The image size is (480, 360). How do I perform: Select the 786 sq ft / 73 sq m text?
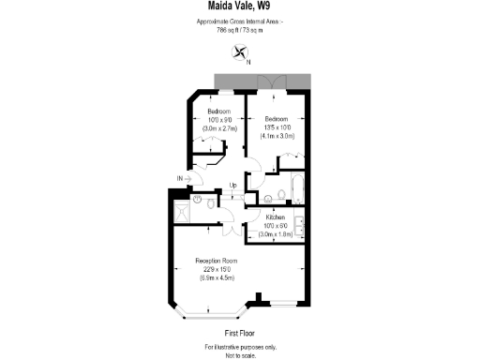click(x=240, y=29)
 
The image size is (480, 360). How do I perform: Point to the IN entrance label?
click(x=180, y=178)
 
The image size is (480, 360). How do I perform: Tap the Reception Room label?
click(x=216, y=260)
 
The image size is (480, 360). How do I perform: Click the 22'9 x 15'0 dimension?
click(x=216, y=269)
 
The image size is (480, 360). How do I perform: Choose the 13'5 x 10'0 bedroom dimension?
click(x=277, y=127)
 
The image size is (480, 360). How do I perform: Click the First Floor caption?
click(x=240, y=333)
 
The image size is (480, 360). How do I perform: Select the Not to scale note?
click(x=240, y=354)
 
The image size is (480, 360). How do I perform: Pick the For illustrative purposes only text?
click(x=240, y=347)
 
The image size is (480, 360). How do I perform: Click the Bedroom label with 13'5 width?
click(x=277, y=119)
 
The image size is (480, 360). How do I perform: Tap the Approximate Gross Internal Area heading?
click(x=240, y=22)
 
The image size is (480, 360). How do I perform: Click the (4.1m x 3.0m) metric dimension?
click(x=277, y=136)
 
